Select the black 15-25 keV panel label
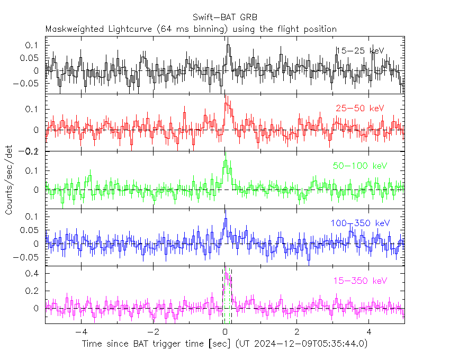pyautogui.click(x=359, y=51)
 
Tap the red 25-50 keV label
pyautogui.click(x=359, y=109)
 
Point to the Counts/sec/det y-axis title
pyautogui.click(x=10, y=181)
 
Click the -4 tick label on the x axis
pyautogui.click(x=80, y=332)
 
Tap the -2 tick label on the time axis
pyautogui.click(x=152, y=332)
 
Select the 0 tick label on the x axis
pyautogui.click(x=225, y=332)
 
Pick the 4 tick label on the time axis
pyautogui.click(x=370, y=332)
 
